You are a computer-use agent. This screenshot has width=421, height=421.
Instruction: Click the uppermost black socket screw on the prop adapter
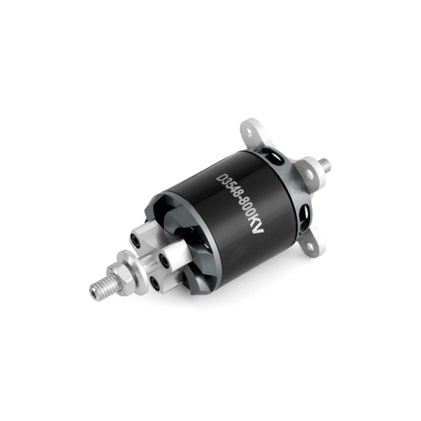coord(135,239)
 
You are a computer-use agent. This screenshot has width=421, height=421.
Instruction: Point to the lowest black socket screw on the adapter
coord(155,282)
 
